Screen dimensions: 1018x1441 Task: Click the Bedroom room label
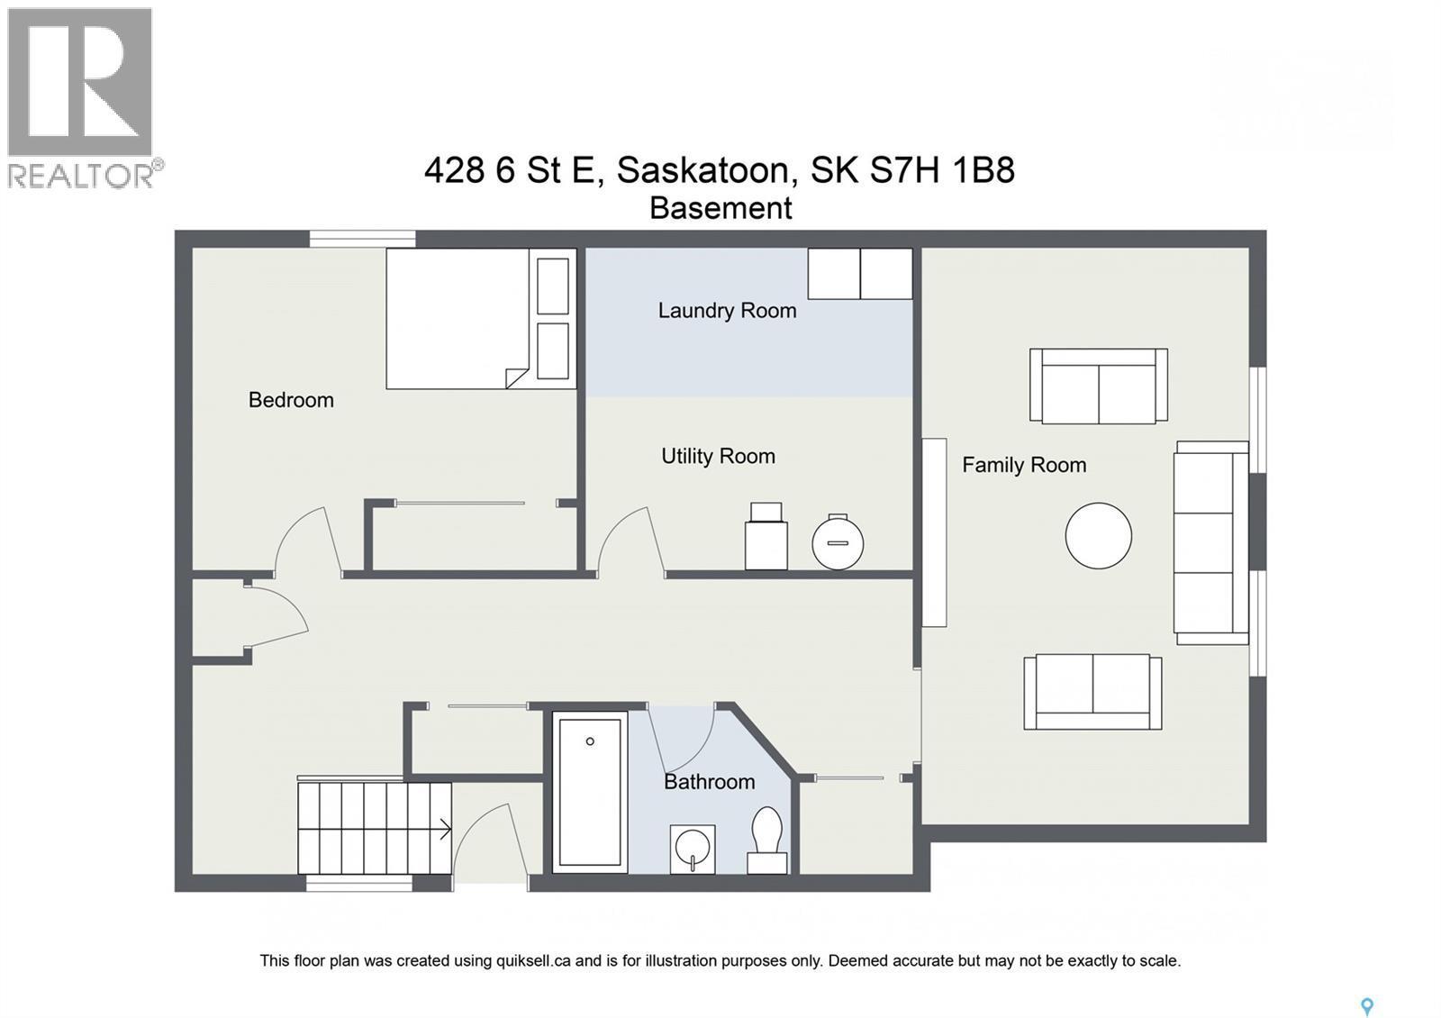pos(291,400)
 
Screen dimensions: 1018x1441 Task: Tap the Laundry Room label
pos(727,311)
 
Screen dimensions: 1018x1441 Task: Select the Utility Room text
pos(718,457)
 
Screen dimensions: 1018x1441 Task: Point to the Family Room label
pos(1024,465)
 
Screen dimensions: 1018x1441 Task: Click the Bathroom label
pos(709,782)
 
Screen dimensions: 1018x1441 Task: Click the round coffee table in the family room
pos(1098,535)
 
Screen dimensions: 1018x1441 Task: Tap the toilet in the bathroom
pos(767,839)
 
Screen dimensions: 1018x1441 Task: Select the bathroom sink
pos(693,849)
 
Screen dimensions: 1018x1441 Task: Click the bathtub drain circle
pos(590,741)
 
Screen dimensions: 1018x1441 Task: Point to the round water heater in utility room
pos(838,542)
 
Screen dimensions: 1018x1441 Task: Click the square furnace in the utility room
pos(766,538)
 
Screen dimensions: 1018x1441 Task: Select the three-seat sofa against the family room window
pos(1210,542)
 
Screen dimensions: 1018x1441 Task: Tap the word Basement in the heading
pos(720,208)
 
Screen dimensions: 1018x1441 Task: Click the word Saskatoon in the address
pos(704,169)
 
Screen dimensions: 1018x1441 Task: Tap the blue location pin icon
pos(1366,1006)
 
